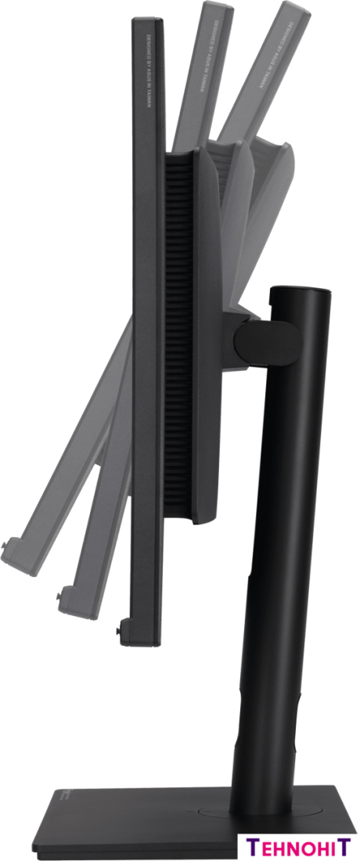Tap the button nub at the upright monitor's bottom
point(120,626)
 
